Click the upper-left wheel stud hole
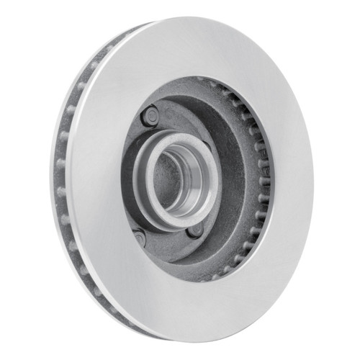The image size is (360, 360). pyautogui.click(x=149, y=114)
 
